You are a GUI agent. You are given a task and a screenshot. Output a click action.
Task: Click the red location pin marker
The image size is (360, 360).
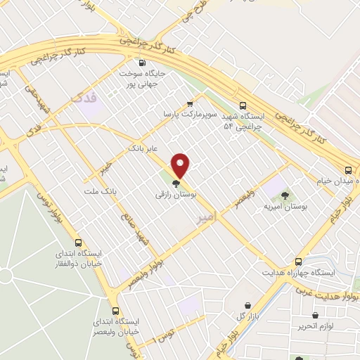181,165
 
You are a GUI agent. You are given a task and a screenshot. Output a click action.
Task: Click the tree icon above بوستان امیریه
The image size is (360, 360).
285,195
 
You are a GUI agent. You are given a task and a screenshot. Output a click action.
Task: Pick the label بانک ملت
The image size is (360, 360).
98,191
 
